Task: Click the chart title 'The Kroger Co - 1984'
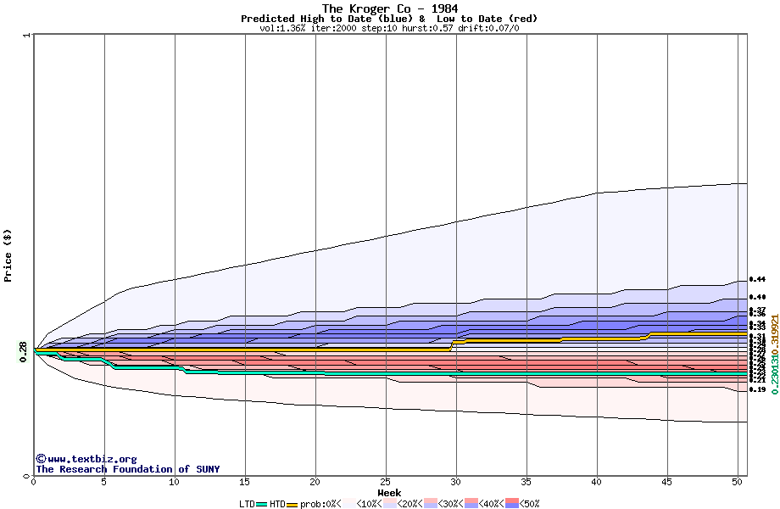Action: click(x=389, y=8)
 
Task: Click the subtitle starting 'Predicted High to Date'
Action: click(x=389, y=19)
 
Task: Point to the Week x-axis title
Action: click(x=389, y=492)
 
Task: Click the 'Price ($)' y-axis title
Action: click(x=8, y=255)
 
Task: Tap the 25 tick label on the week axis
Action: click(x=386, y=482)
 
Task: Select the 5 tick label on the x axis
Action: click(x=104, y=482)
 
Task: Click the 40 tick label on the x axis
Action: click(x=597, y=482)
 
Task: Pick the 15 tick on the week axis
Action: click(x=245, y=482)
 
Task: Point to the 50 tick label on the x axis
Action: click(x=738, y=482)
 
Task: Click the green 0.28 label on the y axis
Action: click(x=23, y=350)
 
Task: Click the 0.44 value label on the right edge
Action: click(x=757, y=279)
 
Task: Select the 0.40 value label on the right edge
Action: click(x=757, y=297)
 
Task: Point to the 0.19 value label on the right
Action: click(x=757, y=390)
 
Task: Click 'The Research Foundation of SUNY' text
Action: click(x=127, y=469)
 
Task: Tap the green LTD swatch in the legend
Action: click(x=262, y=504)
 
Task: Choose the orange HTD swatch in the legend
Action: click(x=293, y=504)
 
